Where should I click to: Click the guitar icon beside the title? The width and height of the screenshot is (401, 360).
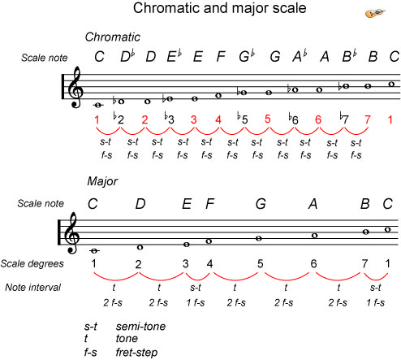[x=375, y=13]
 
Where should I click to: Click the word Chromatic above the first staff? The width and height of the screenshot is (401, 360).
[x=113, y=37]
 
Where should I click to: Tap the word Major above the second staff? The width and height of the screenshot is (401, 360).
[x=102, y=181]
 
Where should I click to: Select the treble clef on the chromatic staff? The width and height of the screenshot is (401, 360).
[x=75, y=87]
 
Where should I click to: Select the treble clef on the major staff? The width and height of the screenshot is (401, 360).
[x=72, y=233]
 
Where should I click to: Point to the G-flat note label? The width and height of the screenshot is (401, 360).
[x=247, y=56]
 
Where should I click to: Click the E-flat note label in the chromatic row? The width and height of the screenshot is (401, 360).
[x=174, y=56]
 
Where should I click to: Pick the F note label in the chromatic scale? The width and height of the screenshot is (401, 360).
[x=221, y=57]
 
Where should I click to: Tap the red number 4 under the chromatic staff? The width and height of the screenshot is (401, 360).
[x=218, y=119]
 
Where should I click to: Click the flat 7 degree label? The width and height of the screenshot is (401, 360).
[x=344, y=118]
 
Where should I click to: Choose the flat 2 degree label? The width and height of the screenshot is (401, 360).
[x=119, y=118]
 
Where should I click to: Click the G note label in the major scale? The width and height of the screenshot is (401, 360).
[x=261, y=204]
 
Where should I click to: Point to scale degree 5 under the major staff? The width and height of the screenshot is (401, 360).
[x=260, y=263]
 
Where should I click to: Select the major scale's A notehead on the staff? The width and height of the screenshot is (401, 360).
[x=314, y=236]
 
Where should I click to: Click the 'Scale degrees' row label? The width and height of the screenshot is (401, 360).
[x=32, y=263]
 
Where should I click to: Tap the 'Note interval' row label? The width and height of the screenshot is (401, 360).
[x=32, y=288]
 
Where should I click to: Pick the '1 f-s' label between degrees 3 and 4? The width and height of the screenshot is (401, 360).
[x=196, y=302]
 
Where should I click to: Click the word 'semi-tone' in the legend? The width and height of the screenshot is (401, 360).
[x=140, y=327]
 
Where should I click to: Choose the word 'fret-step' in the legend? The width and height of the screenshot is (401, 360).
[x=136, y=353]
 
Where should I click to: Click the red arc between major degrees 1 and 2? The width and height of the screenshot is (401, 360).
[x=116, y=280]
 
